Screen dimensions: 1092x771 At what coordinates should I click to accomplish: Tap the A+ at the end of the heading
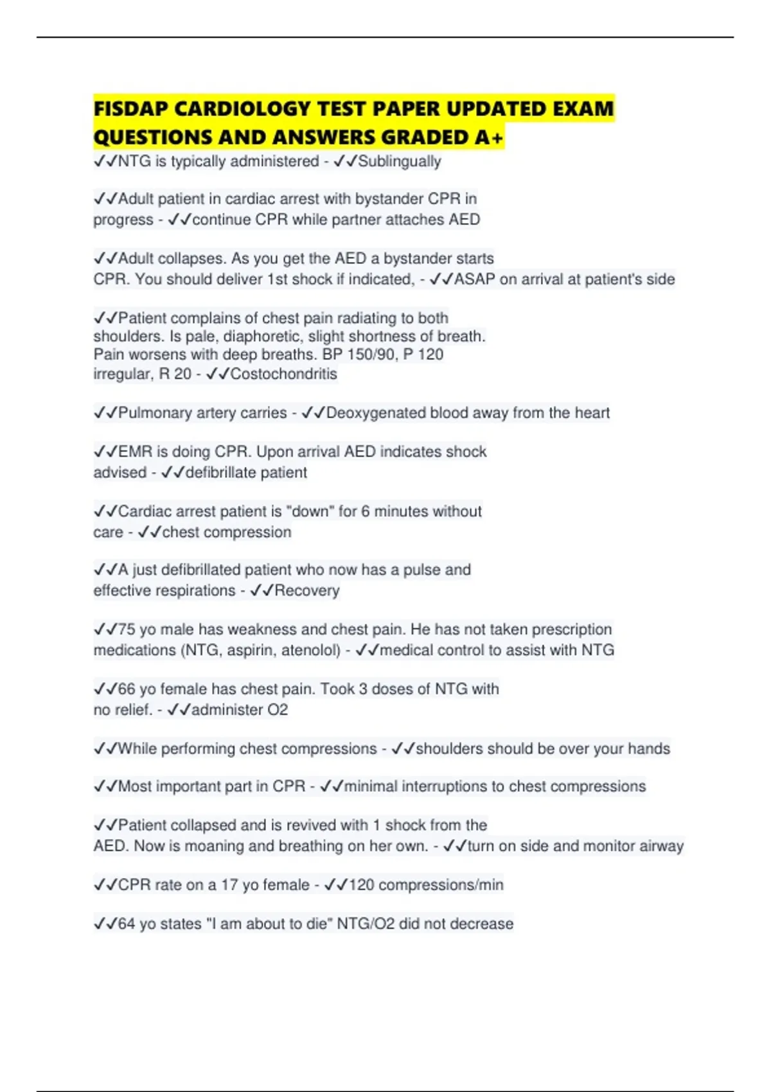coord(491,137)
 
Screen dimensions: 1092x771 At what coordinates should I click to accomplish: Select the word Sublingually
coord(399,161)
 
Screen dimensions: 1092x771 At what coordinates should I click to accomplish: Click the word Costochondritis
coord(283,374)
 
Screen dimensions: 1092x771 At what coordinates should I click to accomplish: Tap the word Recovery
coord(306,590)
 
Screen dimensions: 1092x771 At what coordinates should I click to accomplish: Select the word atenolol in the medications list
coord(310,650)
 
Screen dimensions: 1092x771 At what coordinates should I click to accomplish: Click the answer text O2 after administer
coord(278,710)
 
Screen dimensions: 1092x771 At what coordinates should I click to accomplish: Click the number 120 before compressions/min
coord(361,885)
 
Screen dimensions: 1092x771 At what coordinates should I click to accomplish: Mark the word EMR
coord(134,452)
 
